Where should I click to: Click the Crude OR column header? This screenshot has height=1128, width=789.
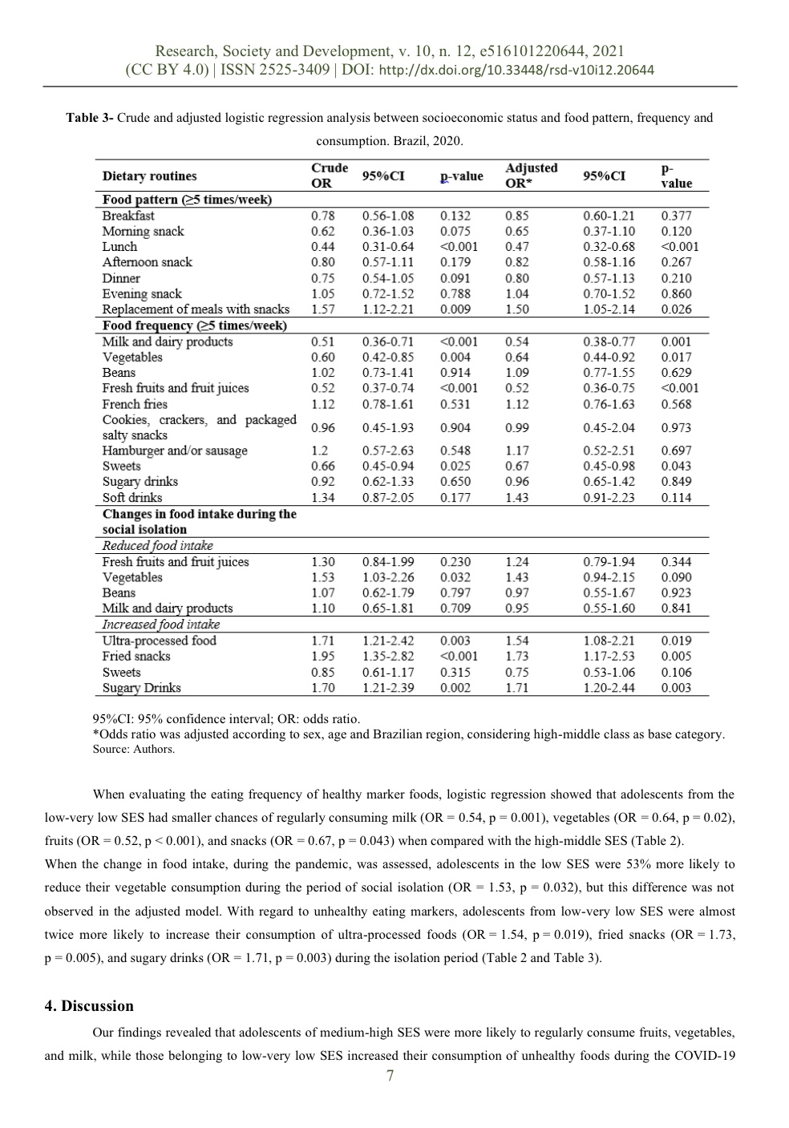[329, 176]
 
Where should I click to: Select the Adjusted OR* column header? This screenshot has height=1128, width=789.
[531, 176]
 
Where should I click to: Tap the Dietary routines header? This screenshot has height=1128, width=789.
[149, 176]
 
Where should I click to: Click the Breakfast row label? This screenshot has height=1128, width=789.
[128, 216]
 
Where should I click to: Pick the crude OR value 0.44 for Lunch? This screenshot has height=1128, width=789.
[322, 247]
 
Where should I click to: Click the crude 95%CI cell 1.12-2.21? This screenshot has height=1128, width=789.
[388, 309]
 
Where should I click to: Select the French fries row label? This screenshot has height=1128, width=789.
[135, 404]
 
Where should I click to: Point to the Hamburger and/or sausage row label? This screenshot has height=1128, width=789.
[175, 451]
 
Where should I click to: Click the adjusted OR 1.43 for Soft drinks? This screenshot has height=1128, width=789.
[517, 498]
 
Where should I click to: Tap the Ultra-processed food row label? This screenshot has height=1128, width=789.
[159, 641]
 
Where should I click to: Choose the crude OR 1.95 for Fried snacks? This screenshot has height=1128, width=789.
[322, 657]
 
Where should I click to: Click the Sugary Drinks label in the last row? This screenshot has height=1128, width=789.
[141, 688]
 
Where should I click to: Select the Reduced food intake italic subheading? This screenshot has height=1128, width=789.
[157, 546]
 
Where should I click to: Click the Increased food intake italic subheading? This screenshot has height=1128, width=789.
[160, 625]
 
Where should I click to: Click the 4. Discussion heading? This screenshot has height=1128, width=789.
[89, 1006]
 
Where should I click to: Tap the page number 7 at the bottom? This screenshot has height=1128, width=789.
[390, 1076]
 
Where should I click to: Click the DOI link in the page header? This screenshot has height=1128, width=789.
[516, 71]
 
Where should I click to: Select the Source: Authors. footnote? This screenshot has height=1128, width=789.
[133, 750]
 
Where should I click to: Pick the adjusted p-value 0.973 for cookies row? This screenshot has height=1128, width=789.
[676, 428]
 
